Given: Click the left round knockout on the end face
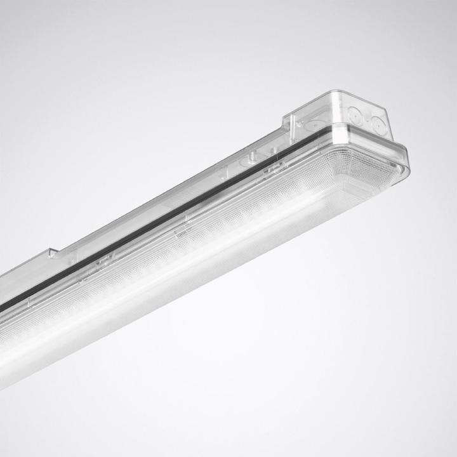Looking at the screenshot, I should (355, 115).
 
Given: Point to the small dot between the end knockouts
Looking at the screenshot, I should (366, 119).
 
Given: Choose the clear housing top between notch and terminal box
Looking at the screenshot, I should (171, 184).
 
